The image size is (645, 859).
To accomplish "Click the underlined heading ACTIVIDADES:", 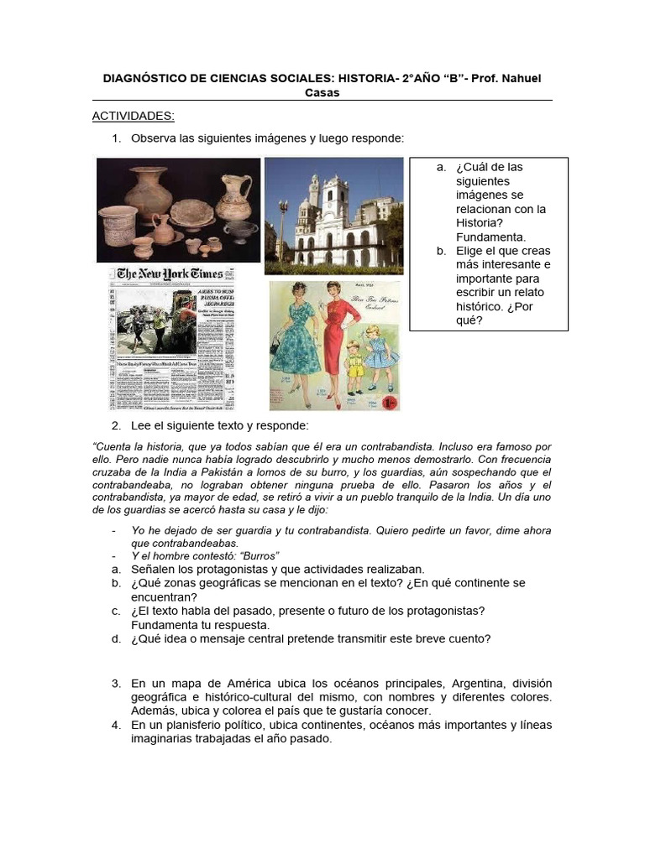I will (x=133, y=116).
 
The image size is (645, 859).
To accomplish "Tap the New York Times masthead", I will (x=170, y=273).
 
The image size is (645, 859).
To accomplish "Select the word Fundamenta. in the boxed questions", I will (x=490, y=237).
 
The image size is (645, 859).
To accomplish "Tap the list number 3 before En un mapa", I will (x=117, y=684).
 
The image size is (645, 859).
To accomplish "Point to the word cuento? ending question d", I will (x=469, y=638).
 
